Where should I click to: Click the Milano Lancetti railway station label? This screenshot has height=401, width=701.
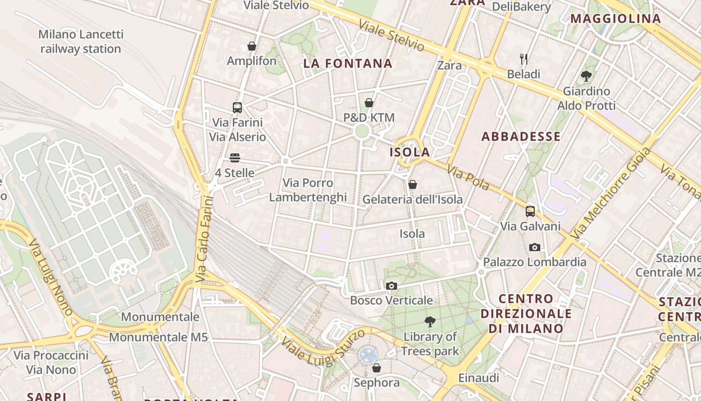[81, 42]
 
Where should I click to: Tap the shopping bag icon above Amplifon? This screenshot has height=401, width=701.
[252, 47]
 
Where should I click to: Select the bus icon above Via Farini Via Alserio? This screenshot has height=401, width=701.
[237, 107]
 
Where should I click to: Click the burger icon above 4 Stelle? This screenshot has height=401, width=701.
[235, 158]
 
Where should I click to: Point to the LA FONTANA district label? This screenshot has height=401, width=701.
[348, 64]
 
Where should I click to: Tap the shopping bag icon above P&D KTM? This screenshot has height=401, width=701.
[369, 103]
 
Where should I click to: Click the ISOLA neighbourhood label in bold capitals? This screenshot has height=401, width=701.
[410, 152]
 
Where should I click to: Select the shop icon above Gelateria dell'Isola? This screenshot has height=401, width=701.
[413, 185]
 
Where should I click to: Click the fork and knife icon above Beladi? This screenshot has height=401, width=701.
[524, 59]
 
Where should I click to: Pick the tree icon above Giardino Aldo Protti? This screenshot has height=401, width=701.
[586, 76]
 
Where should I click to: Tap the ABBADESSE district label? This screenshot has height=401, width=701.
[521, 136]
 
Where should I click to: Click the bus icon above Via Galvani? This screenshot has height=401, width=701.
[530, 212]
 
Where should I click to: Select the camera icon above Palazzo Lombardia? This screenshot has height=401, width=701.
[535, 247]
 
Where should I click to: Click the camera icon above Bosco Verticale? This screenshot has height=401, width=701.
[392, 286]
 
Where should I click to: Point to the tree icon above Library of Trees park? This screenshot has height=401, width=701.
[430, 322]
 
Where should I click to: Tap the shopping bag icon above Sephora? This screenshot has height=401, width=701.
[377, 368]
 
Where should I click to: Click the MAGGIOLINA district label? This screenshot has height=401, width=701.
[615, 19]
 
